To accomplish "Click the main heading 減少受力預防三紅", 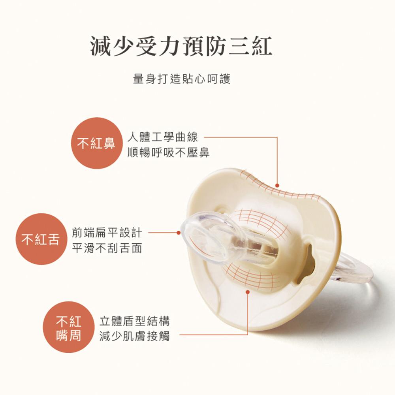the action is click(x=181, y=46).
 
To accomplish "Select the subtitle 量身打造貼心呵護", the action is click(x=182, y=79).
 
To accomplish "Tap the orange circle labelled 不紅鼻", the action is click(x=97, y=143).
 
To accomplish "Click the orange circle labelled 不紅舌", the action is click(x=41, y=239).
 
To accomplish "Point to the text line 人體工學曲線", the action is click(x=163, y=137).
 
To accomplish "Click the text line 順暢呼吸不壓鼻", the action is click(x=169, y=152).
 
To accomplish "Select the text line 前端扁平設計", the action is click(x=107, y=233).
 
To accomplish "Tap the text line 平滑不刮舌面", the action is click(x=107, y=248).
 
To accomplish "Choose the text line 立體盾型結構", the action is click(x=135, y=321).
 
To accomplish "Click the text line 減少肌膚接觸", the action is click(x=135, y=336).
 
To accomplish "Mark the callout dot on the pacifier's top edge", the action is click(x=277, y=185).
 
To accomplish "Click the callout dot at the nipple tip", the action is click(x=179, y=233).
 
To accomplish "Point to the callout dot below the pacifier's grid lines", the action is click(x=248, y=292).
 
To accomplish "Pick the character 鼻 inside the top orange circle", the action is click(x=109, y=143).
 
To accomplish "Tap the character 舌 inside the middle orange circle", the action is click(x=54, y=239).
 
